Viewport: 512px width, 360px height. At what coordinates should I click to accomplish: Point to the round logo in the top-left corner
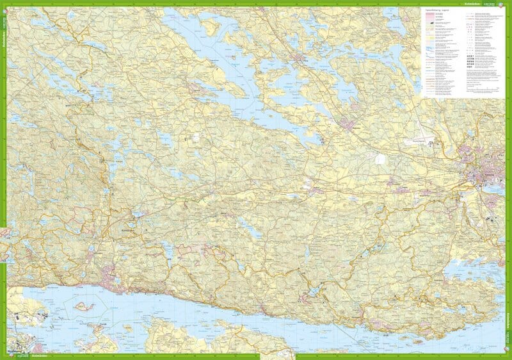(x=4, y=4)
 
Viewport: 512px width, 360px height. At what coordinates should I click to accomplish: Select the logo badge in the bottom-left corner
(x=4, y=356)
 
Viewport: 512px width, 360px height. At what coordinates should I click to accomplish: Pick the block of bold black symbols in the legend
(x=476, y=60)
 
